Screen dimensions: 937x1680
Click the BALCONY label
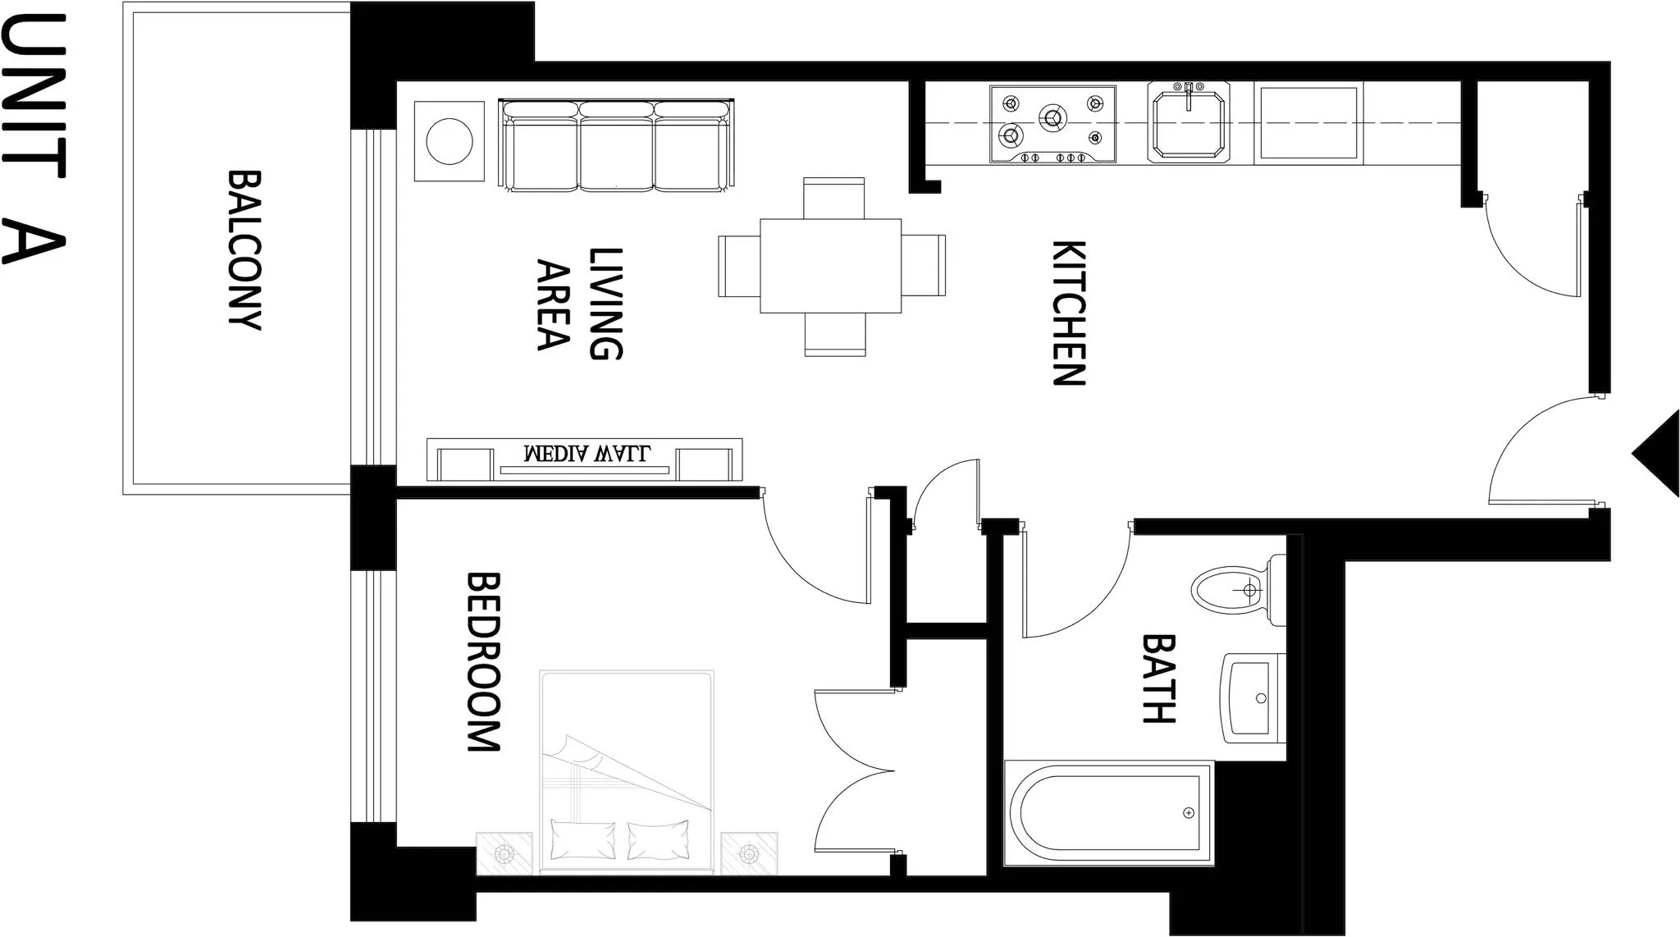pos(244,249)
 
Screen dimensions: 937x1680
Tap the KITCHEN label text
pos(1069,313)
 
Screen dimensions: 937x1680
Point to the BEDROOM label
pos(483,661)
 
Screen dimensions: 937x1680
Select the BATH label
pos(1159,678)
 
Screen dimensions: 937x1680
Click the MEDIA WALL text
pos(587,453)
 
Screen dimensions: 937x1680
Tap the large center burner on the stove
pos(1052,117)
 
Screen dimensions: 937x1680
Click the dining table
pos(830,266)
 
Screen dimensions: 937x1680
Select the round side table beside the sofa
pos(449,141)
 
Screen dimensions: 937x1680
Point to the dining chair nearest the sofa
pos(833,197)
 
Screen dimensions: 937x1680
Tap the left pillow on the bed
pos(582,839)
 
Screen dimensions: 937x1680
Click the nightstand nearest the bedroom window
pos(504,854)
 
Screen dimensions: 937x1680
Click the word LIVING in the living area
pos(606,304)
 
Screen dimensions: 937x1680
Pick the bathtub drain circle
pos(1189,813)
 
